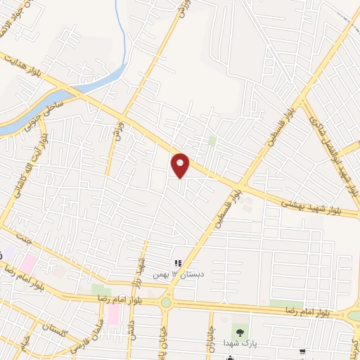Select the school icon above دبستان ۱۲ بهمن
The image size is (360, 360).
(x=178, y=263)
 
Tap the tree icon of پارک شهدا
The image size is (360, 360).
(x=243, y=330)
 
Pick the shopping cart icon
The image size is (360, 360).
(x=302, y=352)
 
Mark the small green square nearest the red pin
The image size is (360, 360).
(x=212, y=141)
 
